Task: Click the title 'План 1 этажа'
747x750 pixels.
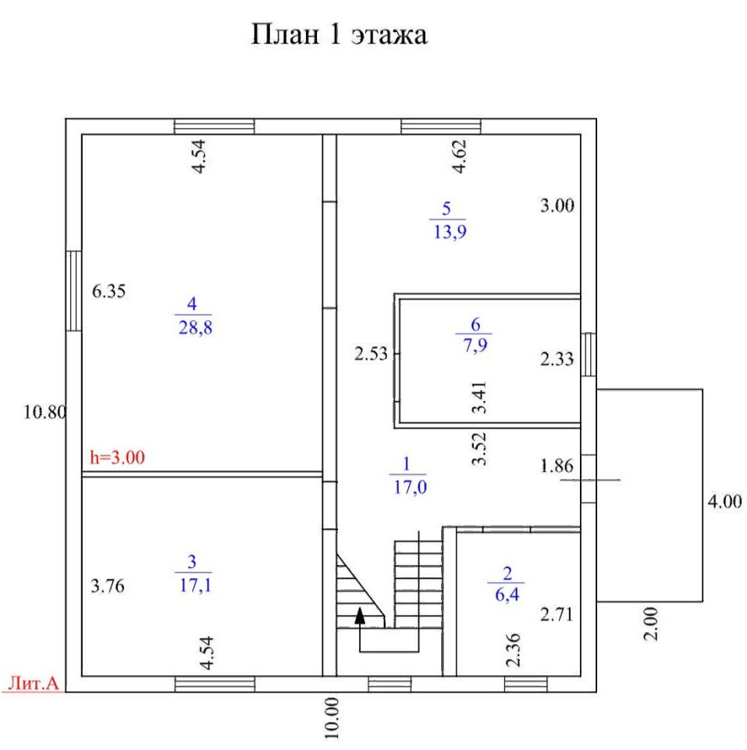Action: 339,35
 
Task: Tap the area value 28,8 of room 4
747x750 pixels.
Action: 195,327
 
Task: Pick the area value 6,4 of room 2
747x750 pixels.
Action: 507,595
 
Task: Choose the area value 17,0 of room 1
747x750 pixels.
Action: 408,487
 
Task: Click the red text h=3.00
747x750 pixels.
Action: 118,458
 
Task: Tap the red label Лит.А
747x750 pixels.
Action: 33,684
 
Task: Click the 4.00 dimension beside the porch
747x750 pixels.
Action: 724,501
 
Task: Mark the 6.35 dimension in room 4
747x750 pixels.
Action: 108,291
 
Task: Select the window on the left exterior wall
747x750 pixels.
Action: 74,290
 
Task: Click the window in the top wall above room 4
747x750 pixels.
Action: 214,127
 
